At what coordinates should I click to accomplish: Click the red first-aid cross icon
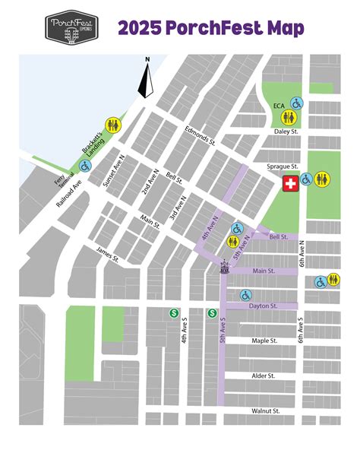(x=290, y=183)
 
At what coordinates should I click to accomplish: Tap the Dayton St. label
(x=263, y=306)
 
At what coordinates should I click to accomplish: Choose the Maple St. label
(x=266, y=341)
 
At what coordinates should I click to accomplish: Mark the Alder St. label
(x=263, y=376)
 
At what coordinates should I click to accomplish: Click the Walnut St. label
(x=266, y=411)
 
